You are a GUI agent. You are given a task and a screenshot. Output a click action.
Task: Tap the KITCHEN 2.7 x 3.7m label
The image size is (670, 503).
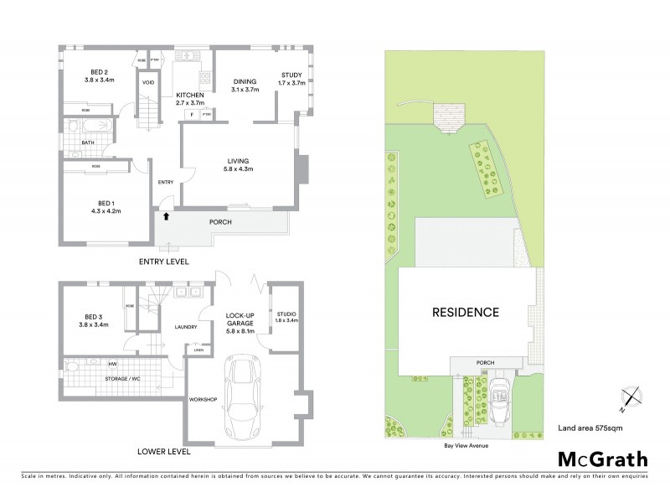[x=190, y=99]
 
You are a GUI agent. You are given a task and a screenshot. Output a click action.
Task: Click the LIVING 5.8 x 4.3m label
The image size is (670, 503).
[x=239, y=164]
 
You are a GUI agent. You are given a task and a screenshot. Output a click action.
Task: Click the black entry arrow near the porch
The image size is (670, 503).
[x=167, y=216]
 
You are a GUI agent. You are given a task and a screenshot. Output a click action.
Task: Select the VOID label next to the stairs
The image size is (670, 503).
[x=148, y=83]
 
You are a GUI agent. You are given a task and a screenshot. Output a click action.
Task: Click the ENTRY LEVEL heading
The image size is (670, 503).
[x=164, y=262]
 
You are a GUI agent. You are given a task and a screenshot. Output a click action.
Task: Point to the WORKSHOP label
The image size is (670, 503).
[x=204, y=399]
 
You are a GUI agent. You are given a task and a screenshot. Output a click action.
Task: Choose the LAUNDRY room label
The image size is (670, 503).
[x=185, y=327]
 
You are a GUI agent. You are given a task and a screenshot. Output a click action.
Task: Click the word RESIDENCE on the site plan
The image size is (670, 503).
[x=465, y=312]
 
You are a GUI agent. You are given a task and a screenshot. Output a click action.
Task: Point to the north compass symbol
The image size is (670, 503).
[x=630, y=400]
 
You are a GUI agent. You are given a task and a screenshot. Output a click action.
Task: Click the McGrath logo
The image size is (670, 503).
[x=602, y=459]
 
